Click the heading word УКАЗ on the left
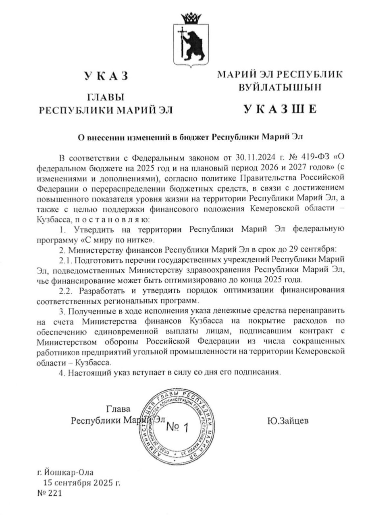pyautogui.click(x=106, y=76)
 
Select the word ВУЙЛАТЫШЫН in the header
pyautogui.click(x=280, y=87)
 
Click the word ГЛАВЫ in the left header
pyautogui.click(x=105, y=97)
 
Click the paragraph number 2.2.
pyautogui.click(x=67, y=290)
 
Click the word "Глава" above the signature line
pyautogui.click(x=119, y=409)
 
